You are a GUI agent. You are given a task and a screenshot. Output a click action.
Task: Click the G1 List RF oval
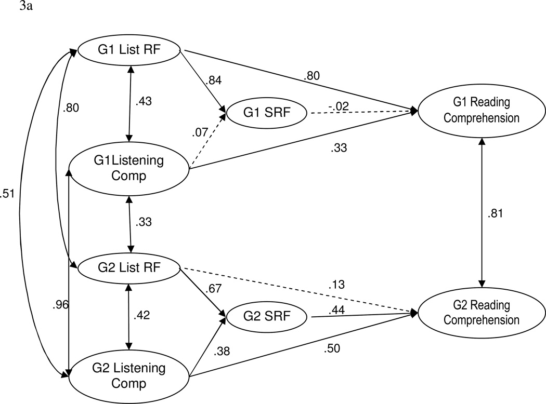128,51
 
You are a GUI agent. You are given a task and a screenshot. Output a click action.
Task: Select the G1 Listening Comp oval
128,167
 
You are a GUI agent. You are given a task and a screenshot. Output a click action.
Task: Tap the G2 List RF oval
128,268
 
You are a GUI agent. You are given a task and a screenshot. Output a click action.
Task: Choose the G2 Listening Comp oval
128,376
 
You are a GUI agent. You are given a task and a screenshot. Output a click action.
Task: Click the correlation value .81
496,213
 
